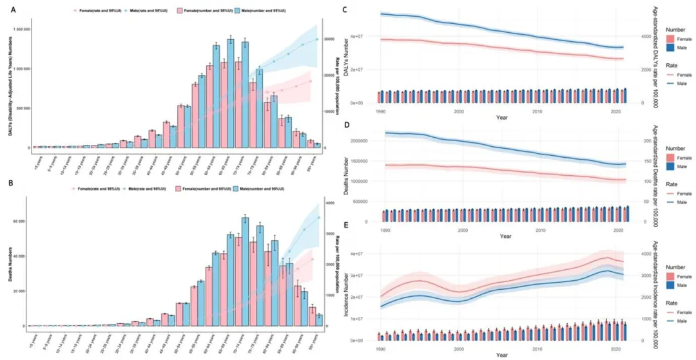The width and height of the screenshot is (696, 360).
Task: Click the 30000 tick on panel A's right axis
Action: (329, 39)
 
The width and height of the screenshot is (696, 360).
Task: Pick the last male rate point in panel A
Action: (317, 39)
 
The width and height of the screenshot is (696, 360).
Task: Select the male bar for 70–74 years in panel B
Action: (245, 272)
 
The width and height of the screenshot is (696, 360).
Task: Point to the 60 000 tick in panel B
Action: (24, 221)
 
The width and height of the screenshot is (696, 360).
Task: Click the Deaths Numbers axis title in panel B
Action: (8, 261)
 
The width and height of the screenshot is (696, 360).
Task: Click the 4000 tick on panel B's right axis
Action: (328, 203)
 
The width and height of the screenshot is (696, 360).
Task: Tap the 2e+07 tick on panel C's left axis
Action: (369, 70)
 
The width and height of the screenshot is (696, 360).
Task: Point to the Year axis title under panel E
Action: (501, 355)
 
